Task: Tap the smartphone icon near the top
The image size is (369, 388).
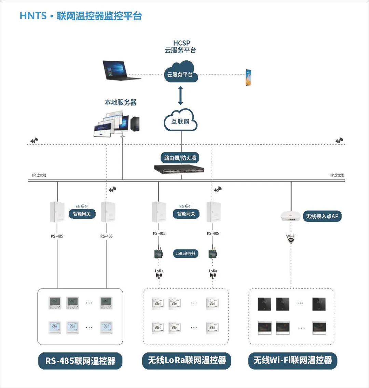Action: pos(249,77)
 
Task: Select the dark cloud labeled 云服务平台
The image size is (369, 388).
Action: pos(180,73)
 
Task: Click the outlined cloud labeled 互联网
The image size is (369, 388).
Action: pos(180,120)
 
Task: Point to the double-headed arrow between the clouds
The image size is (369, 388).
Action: pos(180,96)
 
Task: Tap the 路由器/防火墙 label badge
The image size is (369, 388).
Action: pos(180,158)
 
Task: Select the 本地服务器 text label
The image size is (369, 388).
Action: pos(120,102)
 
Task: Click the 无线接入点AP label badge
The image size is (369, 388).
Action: pos(322,216)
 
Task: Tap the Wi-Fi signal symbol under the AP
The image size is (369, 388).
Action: pos(291,240)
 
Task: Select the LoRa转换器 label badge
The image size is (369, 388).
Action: pos(186,253)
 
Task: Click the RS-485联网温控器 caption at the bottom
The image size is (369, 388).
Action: pos(80,361)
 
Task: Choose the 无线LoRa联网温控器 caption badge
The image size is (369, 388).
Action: pos(187,361)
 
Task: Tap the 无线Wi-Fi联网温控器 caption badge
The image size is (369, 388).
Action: pos(292,361)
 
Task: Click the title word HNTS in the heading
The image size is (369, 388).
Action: pos(33,16)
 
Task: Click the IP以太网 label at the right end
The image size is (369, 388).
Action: pos(337,175)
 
